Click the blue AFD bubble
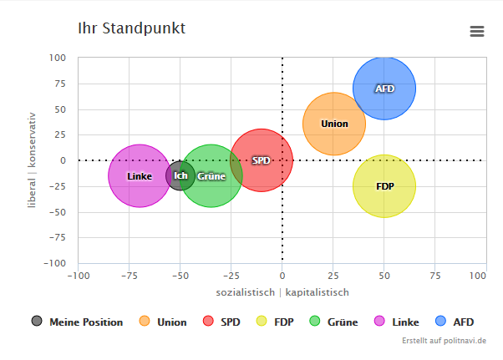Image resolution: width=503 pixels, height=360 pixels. [x=384, y=89]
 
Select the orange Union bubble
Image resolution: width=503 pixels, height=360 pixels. [x=334, y=124]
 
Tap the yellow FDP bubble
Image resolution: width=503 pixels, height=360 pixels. [x=384, y=186]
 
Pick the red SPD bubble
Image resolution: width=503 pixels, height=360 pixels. [x=262, y=160]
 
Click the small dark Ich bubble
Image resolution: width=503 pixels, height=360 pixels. [x=180, y=175]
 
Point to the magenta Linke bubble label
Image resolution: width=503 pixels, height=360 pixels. [x=139, y=176]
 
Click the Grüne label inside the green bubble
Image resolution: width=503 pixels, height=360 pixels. [x=211, y=176]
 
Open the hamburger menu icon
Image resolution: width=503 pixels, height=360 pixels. [x=477, y=31]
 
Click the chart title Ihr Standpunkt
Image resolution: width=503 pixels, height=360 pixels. [x=131, y=28]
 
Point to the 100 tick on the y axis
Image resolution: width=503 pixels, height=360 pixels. [x=57, y=58]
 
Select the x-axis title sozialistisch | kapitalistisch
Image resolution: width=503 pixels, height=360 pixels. [x=282, y=292]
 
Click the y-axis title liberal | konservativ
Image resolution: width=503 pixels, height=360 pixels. [x=33, y=160]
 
